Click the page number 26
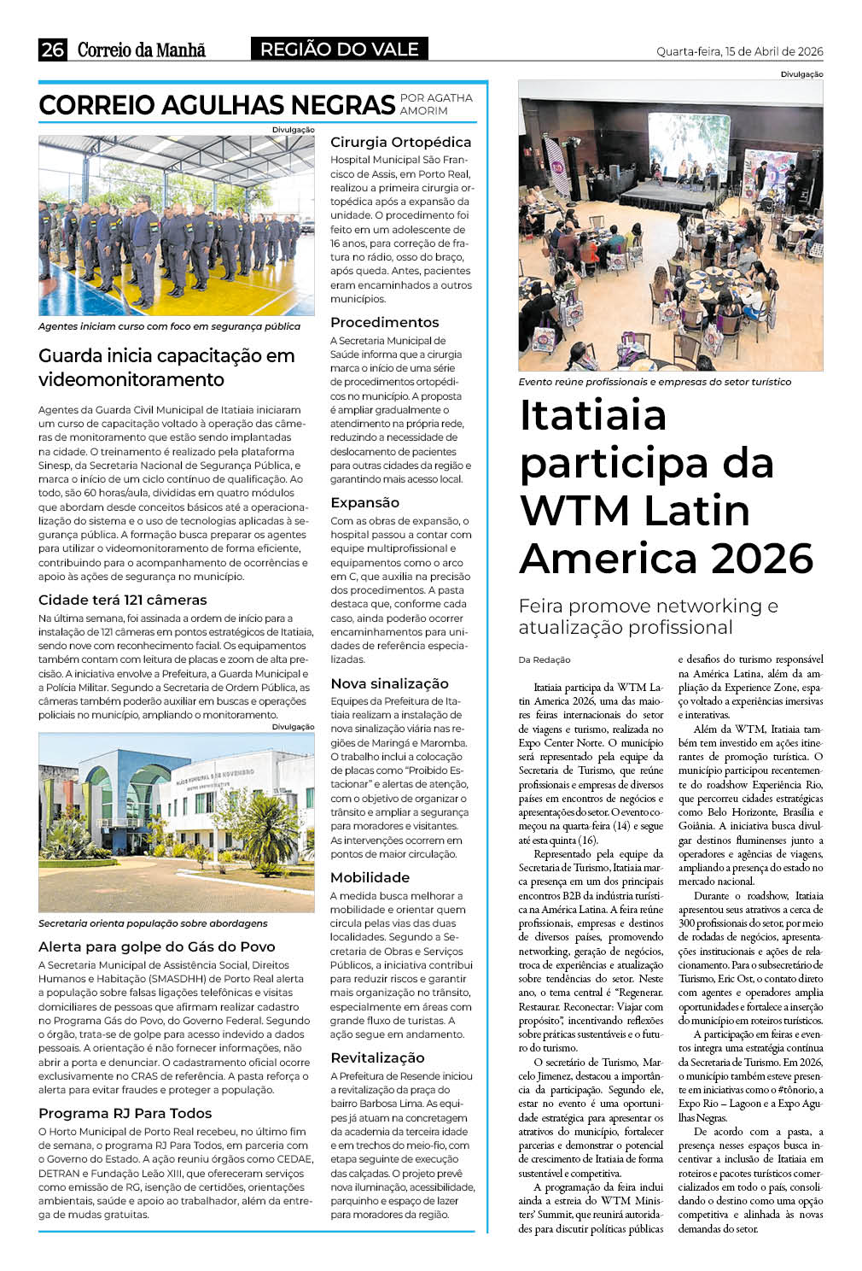point(52,50)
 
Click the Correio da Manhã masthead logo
point(142,50)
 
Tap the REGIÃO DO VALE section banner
point(339,50)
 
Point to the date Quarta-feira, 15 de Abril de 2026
point(739,51)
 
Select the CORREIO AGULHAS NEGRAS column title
point(216,105)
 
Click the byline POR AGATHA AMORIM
point(436,104)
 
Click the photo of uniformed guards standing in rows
point(176,225)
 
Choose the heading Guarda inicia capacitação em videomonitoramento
point(166,367)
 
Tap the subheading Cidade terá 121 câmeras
point(122,600)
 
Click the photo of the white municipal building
point(176,822)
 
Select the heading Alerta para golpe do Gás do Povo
point(156,946)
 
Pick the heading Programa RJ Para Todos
point(125,1113)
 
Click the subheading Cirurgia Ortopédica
point(400,142)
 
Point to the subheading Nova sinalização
point(389,683)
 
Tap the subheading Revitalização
point(377,1057)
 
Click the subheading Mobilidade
point(370,877)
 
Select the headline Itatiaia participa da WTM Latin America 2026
point(666,486)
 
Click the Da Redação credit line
point(545,659)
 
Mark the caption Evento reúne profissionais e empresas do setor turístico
point(655,382)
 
